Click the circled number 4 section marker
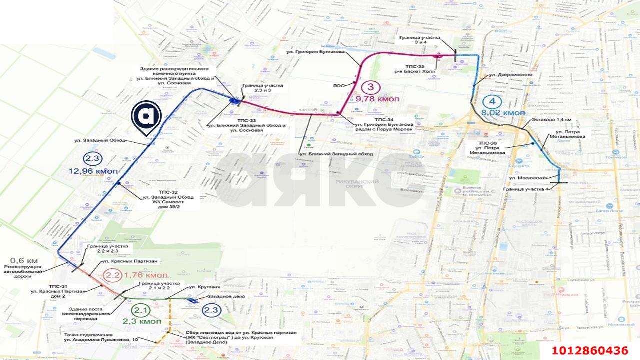pos(492,102)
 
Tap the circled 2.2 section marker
pos(112,275)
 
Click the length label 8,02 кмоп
pos(503,113)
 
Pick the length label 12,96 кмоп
pos(94,171)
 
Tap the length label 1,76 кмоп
pos(146,275)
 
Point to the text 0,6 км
pos(24,261)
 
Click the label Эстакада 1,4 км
pos(551,120)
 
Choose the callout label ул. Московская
pos(530,178)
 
